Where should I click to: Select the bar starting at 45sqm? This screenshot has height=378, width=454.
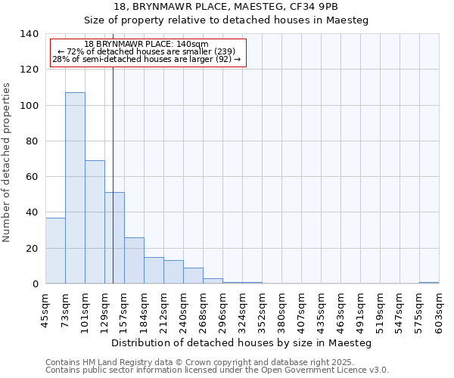coord(55,250)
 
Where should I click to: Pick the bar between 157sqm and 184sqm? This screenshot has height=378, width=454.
coord(134,260)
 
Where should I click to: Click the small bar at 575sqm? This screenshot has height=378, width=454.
coord(429,283)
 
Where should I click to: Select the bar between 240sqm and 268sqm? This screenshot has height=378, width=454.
coord(193,275)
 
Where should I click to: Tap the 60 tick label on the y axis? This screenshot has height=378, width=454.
coord(32,177)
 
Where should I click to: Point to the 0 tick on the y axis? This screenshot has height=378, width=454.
coord(35,284)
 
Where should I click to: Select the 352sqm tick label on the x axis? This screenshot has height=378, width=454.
coord(262,312)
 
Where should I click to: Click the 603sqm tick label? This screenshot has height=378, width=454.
coord(439,312)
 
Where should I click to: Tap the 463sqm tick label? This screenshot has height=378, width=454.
coord(340,312)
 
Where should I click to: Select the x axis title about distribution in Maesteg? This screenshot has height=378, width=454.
coord(241,342)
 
